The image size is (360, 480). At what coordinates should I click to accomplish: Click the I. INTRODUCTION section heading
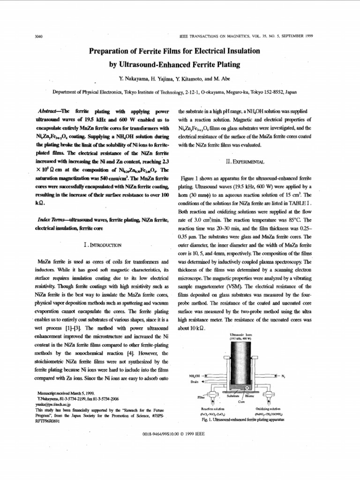(x=102, y=244)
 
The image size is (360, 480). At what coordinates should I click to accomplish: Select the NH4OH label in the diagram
(x=195, y=376)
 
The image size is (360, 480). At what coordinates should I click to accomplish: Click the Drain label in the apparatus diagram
(x=195, y=382)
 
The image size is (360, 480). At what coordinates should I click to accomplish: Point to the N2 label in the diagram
(x=283, y=376)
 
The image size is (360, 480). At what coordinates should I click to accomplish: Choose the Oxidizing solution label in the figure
(x=268, y=409)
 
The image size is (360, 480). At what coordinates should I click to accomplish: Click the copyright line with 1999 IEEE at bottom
(x=180, y=435)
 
